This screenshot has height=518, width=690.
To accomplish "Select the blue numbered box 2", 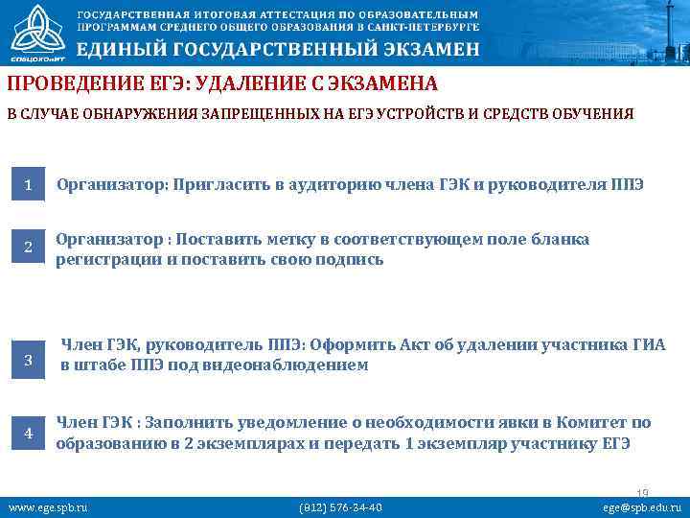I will (x=29, y=248).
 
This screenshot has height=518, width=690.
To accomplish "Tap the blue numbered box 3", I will (x=29, y=361).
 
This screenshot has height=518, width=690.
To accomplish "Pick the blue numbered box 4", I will (x=29, y=434).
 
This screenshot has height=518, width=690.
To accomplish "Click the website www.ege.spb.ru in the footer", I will (x=47, y=506).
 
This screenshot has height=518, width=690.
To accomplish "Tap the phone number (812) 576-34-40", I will (x=341, y=506).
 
